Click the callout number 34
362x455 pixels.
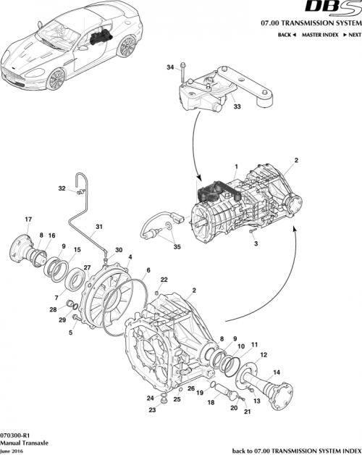point(170,67)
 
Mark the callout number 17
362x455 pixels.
point(28,220)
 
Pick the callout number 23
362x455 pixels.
point(163,410)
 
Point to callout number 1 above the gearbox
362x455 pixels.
point(235,166)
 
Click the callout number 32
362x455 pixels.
point(62,188)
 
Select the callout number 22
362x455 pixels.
point(164,280)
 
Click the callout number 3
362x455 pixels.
point(256,246)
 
